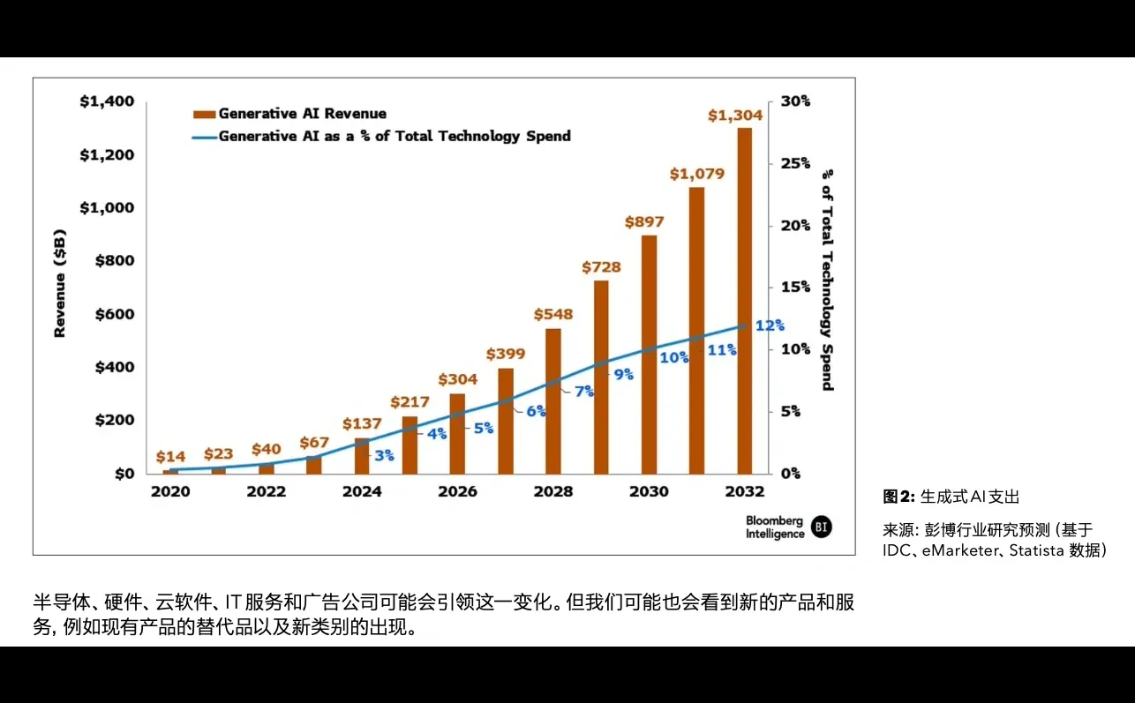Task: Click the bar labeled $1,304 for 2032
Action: pyautogui.click(x=745, y=300)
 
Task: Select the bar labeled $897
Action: pyautogui.click(x=649, y=354)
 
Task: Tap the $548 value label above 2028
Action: pyautogui.click(x=553, y=314)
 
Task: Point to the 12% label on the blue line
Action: pyautogui.click(x=770, y=325)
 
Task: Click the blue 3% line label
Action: pyautogui.click(x=384, y=455)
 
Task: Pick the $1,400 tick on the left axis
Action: pyautogui.click(x=107, y=101)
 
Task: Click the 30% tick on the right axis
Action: pyautogui.click(x=794, y=101)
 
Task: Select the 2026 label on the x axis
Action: pyautogui.click(x=457, y=491)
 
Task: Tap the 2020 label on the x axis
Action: pyautogui.click(x=170, y=491)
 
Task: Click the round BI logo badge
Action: pyautogui.click(x=822, y=527)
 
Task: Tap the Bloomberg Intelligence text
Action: pyautogui.click(x=774, y=527)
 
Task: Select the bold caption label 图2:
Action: pyautogui.click(x=899, y=497)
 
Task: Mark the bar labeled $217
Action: pyautogui.click(x=410, y=445)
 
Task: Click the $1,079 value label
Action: pyautogui.click(x=696, y=174)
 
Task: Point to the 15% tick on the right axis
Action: pyautogui.click(x=794, y=288)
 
